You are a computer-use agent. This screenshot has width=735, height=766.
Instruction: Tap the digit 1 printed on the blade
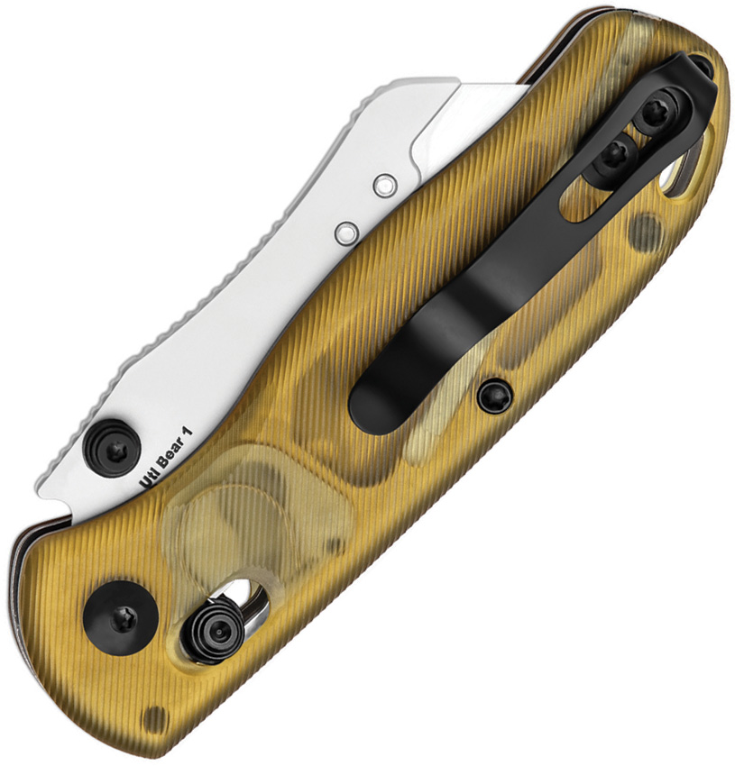187,429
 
